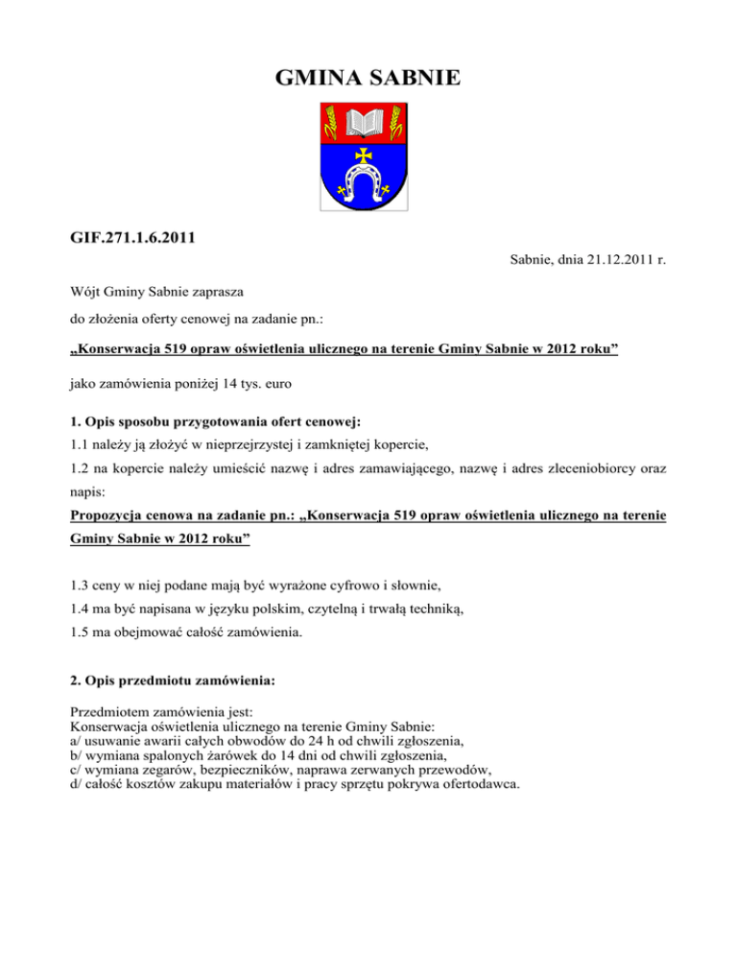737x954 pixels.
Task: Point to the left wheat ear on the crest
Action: [x=332, y=124]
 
